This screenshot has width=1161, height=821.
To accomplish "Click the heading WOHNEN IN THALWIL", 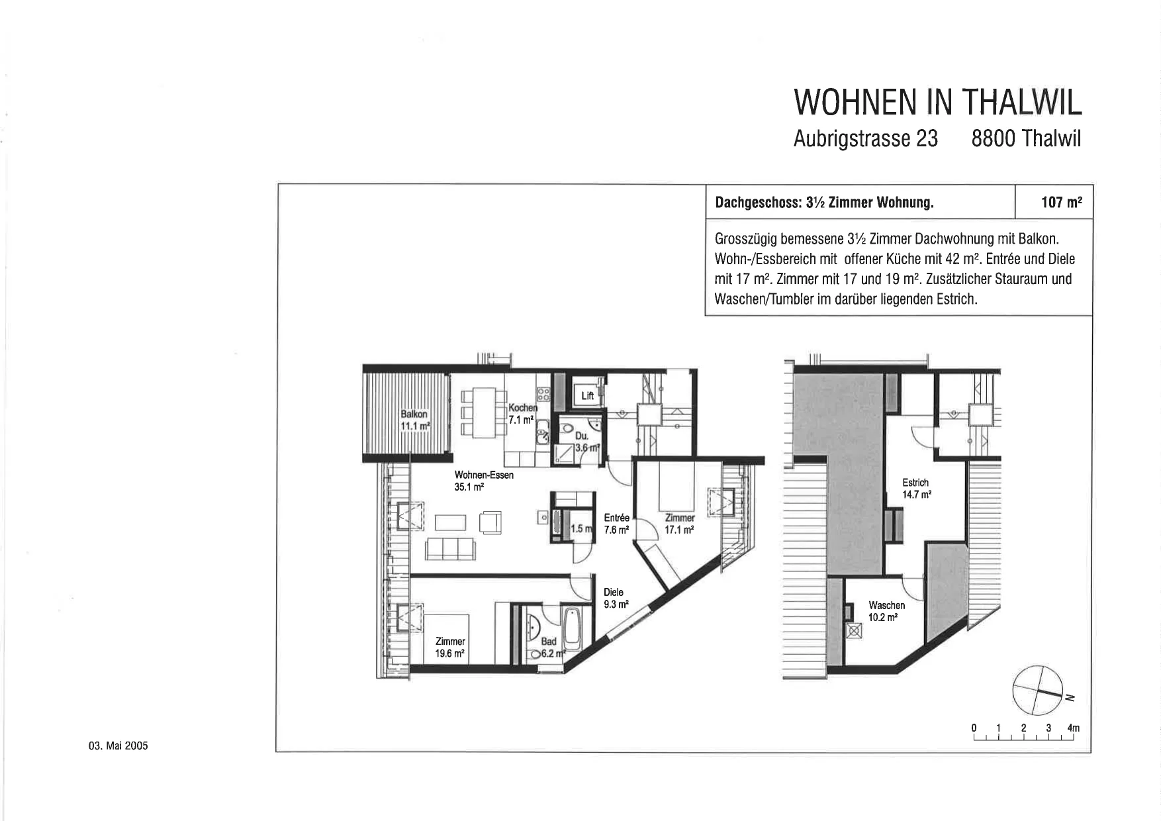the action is pos(937,102).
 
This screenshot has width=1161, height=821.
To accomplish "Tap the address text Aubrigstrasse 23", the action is pos(866,138).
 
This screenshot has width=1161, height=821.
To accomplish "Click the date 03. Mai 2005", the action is pos(118,746).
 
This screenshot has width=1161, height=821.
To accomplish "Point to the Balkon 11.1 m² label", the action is pos(415,420).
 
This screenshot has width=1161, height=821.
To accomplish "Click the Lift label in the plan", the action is pos(588,396).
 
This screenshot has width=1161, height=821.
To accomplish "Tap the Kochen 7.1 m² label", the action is pos(522,414).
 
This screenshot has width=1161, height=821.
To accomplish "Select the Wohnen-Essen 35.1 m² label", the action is pos(484,480).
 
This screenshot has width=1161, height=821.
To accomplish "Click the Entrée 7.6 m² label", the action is pos(616,523).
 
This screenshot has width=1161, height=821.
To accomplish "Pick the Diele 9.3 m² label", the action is pos(615,598).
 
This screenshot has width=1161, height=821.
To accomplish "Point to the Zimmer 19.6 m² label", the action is pos(450,647).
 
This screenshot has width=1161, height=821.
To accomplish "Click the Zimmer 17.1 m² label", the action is pos(680,523).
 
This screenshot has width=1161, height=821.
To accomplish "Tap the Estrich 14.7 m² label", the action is pos(917,489).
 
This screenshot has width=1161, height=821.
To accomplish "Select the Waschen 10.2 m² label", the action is pos(886,611).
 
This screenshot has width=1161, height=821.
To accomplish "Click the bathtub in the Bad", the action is pos(571,628).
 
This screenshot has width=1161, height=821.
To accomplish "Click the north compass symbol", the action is pos(1039,689).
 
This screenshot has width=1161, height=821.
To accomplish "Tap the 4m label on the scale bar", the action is pos(1074,728).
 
